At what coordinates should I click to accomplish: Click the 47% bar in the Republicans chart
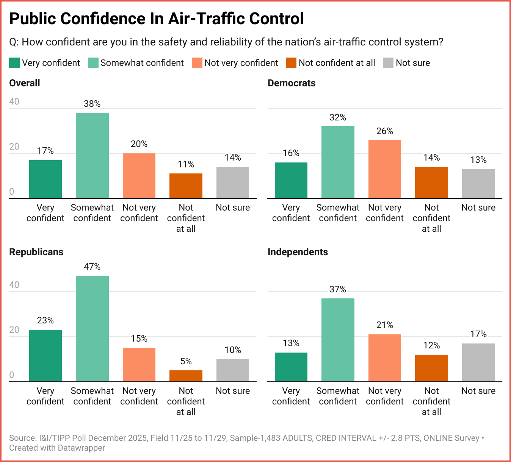click(x=92, y=328)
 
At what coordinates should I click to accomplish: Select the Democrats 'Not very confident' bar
click(x=385, y=169)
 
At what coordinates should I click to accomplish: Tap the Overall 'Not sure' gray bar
click(x=233, y=183)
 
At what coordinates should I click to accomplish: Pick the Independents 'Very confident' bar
click(x=291, y=367)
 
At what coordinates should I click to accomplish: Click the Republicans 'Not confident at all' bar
click(x=186, y=376)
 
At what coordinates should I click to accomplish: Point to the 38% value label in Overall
click(x=92, y=104)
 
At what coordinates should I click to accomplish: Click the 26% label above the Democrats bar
click(x=385, y=131)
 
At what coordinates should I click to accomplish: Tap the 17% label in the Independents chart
click(x=478, y=334)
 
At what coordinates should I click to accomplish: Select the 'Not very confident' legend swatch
click(x=197, y=63)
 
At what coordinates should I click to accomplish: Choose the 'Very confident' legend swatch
click(x=14, y=63)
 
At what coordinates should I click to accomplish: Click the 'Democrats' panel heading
click(x=292, y=83)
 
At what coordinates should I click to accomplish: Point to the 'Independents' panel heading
click(x=298, y=252)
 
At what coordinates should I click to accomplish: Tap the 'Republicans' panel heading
click(x=36, y=252)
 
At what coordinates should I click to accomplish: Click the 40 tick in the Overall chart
click(x=14, y=101)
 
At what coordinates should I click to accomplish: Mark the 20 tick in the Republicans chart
click(x=14, y=330)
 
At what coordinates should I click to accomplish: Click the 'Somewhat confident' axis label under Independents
click(x=338, y=396)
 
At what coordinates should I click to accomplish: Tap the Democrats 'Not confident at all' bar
click(x=431, y=183)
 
